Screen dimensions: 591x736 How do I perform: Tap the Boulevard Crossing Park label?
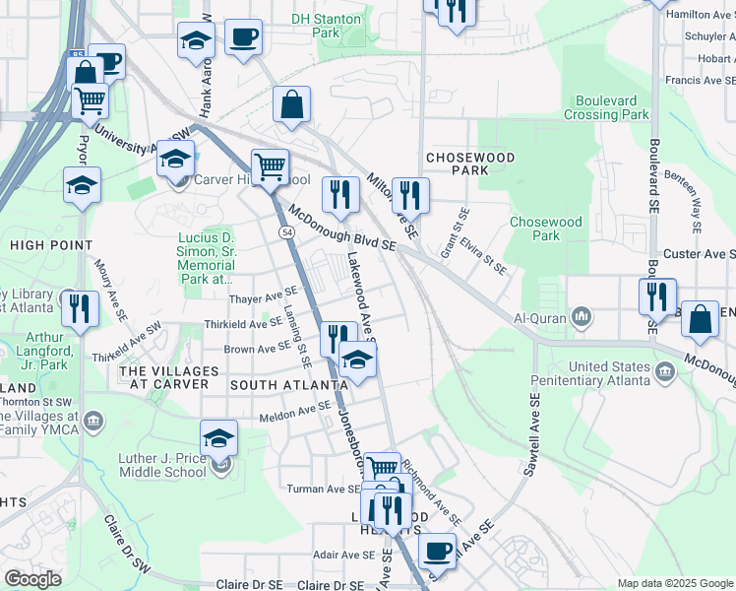[607, 107]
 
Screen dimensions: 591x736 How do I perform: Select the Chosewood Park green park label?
[546, 229]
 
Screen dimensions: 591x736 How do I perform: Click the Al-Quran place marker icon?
[582, 317]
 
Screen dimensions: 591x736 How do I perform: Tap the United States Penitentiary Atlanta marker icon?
[665, 370]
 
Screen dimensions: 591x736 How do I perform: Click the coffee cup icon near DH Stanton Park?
[243, 39]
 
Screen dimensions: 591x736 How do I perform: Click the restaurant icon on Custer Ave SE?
[656, 295]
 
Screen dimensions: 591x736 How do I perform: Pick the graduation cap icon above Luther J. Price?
[218, 437]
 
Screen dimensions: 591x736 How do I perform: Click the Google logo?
[31, 579]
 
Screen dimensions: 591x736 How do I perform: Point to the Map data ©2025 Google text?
[675, 583]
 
